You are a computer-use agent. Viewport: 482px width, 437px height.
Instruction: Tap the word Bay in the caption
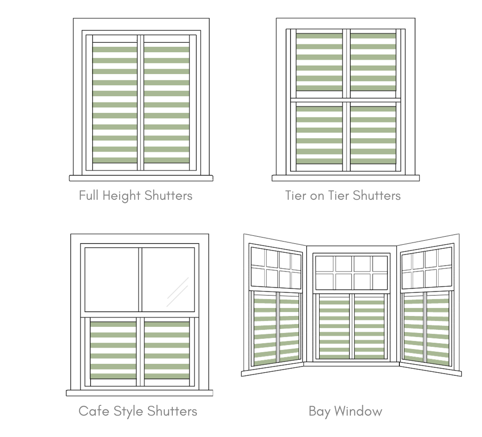[x=319, y=411]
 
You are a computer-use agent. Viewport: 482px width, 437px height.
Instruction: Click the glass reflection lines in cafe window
[x=178, y=292]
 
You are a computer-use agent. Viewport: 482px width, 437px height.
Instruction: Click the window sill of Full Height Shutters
[x=141, y=178]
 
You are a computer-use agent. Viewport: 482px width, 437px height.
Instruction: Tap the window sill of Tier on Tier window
[x=345, y=178]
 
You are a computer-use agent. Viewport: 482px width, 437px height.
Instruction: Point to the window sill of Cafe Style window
[x=139, y=393]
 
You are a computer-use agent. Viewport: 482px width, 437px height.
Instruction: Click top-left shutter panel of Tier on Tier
[x=319, y=62]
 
